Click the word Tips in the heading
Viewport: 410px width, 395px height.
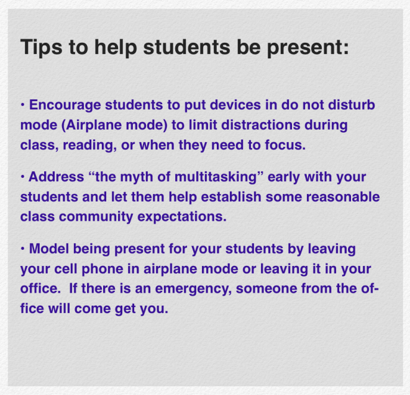pos(38,47)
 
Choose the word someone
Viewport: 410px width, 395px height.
pos(295,289)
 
